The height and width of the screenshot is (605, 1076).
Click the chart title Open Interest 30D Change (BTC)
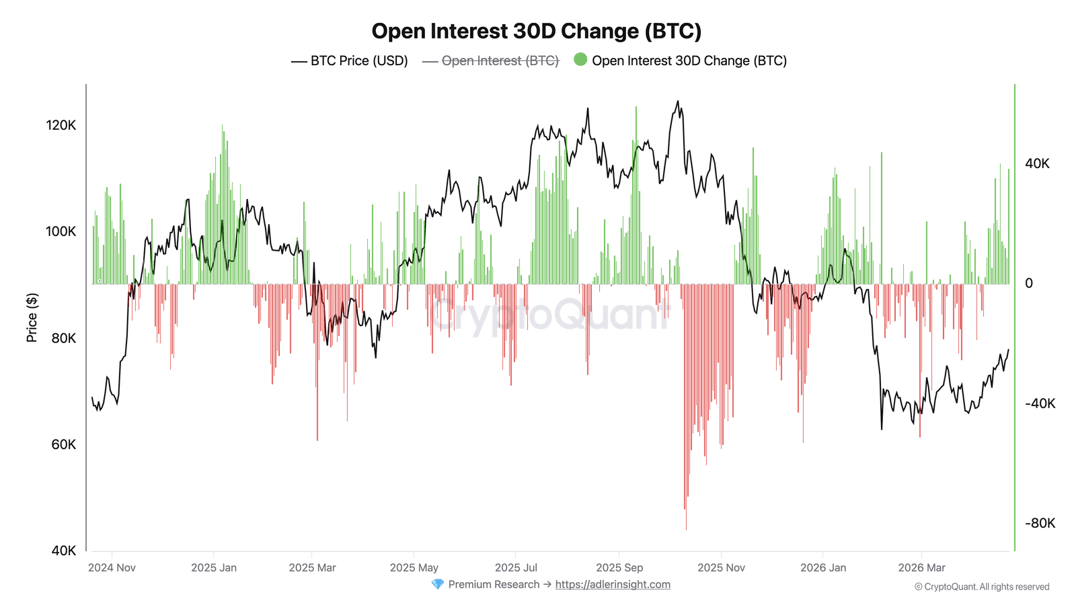536,31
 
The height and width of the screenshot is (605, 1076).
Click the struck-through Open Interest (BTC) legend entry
500,61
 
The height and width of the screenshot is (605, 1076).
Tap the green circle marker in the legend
580,60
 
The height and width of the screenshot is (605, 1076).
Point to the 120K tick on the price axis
61,125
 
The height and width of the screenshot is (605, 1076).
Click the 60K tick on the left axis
64,444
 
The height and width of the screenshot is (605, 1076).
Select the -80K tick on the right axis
1040,523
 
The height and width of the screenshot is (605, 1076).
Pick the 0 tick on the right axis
1029,284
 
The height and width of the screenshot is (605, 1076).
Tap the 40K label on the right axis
1037,163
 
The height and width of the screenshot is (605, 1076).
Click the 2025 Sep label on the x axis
619,567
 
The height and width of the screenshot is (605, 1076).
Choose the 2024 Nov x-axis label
112,567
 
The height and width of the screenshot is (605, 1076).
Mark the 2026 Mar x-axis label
921,567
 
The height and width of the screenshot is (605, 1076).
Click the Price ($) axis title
32,317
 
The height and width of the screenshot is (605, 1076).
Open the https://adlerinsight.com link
613,584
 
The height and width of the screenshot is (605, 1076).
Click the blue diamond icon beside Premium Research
438,584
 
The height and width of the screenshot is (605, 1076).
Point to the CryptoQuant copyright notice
982,587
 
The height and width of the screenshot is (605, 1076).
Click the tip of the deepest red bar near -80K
686,529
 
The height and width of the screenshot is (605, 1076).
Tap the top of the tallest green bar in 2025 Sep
636,108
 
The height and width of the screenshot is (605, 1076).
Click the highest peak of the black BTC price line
677,102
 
